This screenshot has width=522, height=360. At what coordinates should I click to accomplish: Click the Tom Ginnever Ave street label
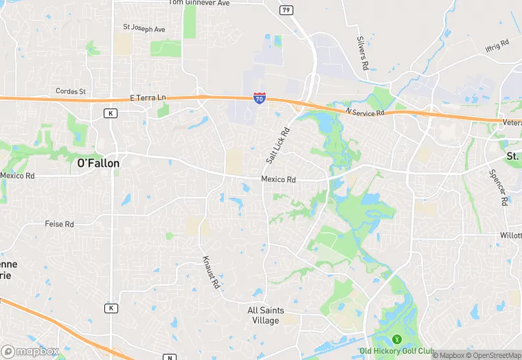(x=199, y=3)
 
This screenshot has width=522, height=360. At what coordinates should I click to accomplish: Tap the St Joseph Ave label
(x=144, y=29)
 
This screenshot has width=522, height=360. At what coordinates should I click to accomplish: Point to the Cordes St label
(x=71, y=91)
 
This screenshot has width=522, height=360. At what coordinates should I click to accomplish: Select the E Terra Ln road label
(x=148, y=98)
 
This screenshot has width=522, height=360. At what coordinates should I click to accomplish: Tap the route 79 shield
(x=286, y=10)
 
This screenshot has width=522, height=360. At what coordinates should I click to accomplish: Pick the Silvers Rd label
(x=363, y=53)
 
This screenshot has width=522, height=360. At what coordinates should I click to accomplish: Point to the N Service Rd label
(x=365, y=111)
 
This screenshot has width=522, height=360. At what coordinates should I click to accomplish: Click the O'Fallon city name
(x=98, y=164)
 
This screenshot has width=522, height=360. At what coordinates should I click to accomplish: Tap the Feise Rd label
(x=59, y=224)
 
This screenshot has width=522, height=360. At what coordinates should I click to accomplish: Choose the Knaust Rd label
(x=210, y=271)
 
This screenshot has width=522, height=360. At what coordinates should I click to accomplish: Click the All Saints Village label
(x=264, y=315)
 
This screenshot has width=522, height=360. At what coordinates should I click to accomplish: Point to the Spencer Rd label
(x=497, y=187)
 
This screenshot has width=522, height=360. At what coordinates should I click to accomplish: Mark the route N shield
(x=170, y=357)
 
